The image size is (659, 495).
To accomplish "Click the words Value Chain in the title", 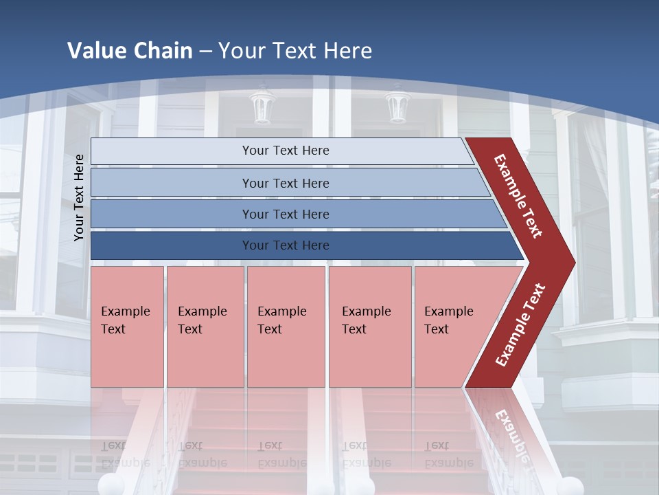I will [130, 51].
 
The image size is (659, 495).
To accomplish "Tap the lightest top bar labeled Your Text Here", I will [285, 151].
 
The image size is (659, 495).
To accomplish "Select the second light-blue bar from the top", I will [285, 183].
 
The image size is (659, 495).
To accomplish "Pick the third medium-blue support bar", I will [285, 214].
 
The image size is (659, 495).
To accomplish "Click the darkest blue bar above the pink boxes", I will [285, 245].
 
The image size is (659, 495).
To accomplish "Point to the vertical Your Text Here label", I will [79, 197].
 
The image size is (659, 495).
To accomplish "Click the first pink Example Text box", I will [127, 327].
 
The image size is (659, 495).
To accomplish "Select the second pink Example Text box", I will [205, 327].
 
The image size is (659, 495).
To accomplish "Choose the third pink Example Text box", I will [286, 327].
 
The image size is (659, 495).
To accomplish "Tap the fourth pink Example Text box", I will [369, 327].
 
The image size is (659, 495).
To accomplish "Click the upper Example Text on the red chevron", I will [519, 196].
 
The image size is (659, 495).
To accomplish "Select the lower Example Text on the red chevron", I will [520, 324].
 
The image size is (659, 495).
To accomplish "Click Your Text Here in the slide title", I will [295, 51].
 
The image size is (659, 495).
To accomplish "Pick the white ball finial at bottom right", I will [571, 485].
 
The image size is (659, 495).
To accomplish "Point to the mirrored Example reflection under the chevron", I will [511, 433].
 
